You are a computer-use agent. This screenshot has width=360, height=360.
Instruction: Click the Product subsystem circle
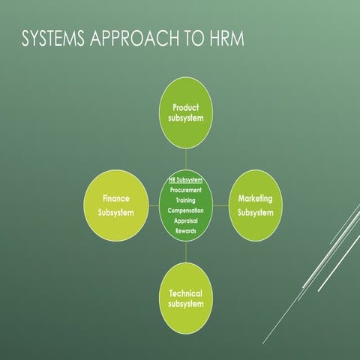click(x=186, y=112)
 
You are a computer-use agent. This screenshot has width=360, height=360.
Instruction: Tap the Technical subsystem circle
click(x=186, y=298)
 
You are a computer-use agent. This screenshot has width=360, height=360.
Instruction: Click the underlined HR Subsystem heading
click(x=186, y=180)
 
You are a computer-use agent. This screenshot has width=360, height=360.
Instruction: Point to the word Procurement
click(x=186, y=190)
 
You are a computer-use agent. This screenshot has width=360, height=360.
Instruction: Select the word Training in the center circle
click(x=186, y=201)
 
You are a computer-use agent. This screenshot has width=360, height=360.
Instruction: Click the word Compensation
click(x=186, y=211)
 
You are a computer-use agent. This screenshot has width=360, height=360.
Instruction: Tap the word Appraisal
click(x=186, y=221)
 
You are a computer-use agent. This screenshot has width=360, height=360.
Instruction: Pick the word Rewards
click(x=186, y=231)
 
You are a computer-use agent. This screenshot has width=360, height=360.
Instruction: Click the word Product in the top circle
click(x=186, y=106)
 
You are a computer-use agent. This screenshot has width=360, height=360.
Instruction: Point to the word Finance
click(x=116, y=199)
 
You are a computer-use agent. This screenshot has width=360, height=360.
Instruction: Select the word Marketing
click(x=256, y=199)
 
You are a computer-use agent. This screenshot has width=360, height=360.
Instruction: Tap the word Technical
click(x=186, y=292)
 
